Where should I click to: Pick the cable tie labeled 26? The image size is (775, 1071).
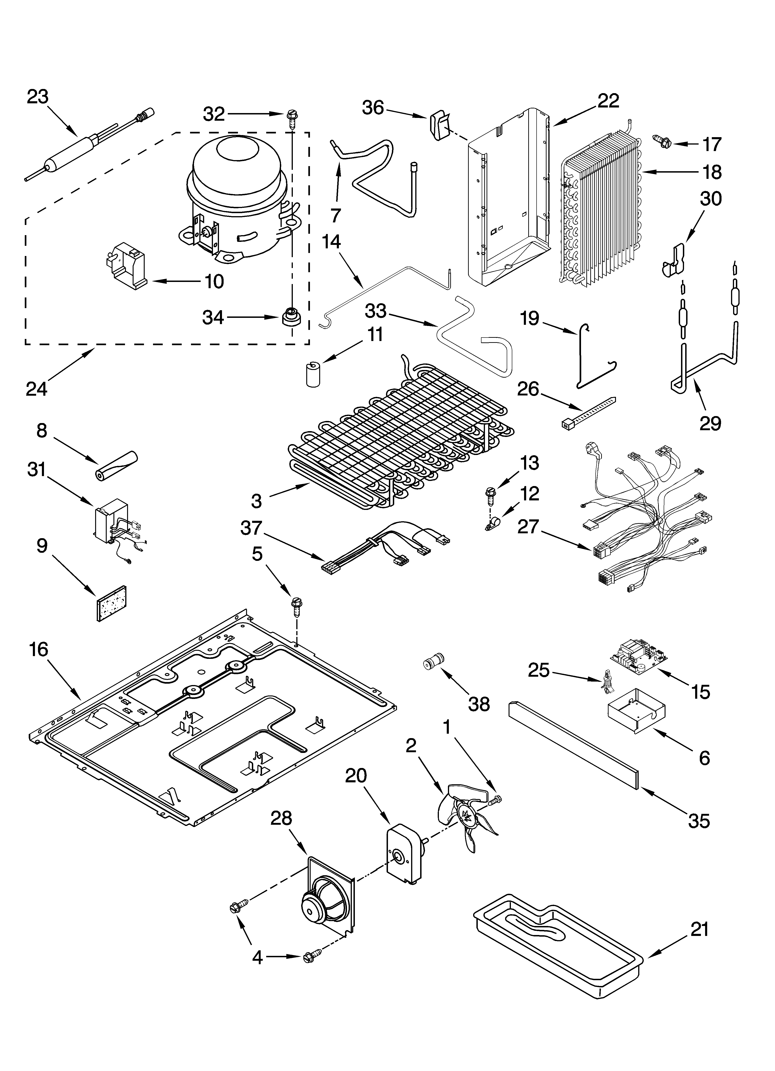pos(589,412)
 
